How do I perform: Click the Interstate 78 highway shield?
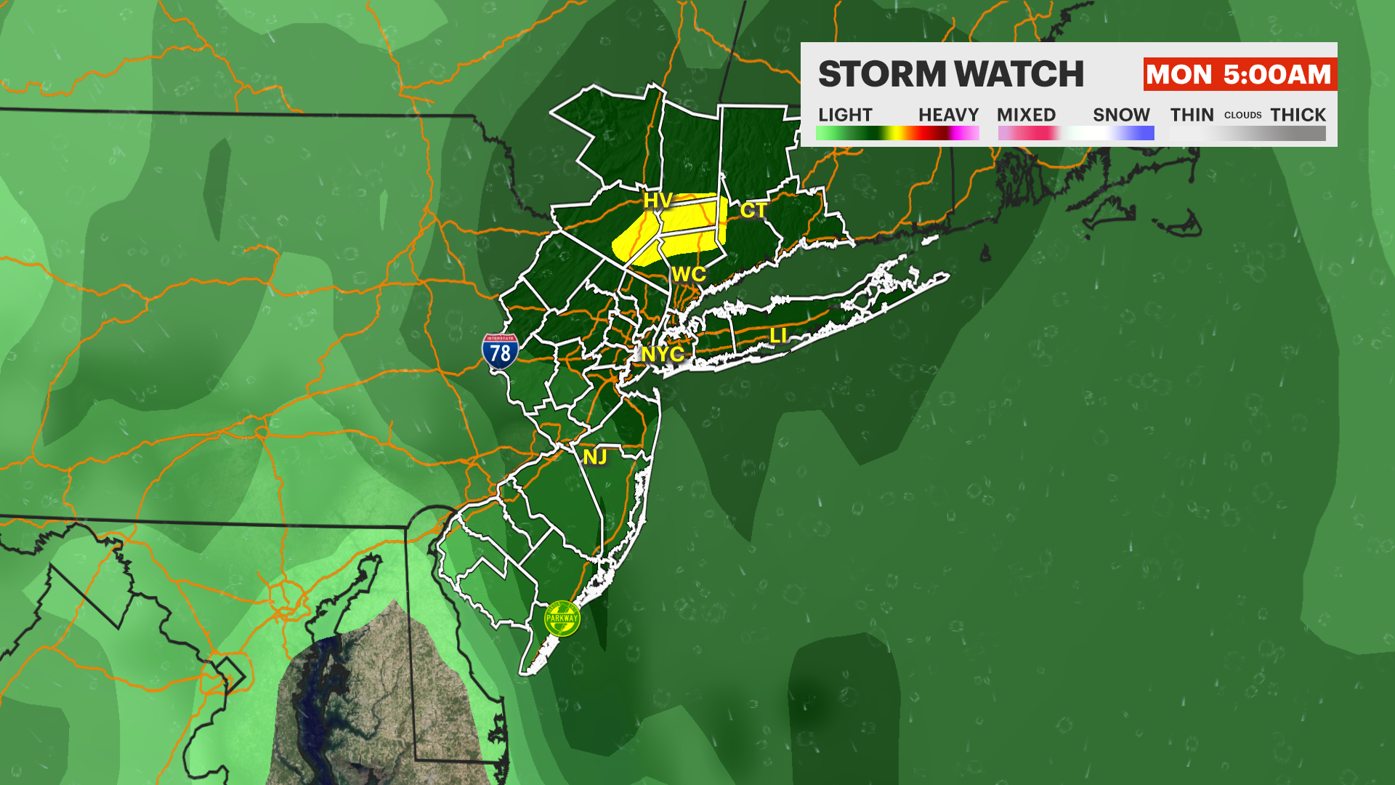coord(500,352)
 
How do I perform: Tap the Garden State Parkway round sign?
coord(562,619)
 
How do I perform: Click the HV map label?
coord(658,201)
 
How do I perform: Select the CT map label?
coord(753,211)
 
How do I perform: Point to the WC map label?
coord(689,275)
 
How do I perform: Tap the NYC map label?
coord(662,354)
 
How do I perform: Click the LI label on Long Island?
coord(778,336)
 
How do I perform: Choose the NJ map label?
coord(595,457)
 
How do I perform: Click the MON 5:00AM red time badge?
coord(1239,74)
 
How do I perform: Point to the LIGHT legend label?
coord(845,115)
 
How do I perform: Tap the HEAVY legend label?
coord(948,115)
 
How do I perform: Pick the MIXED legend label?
coord(1026,115)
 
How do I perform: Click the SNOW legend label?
coord(1121,115)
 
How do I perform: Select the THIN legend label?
coord(1192,115)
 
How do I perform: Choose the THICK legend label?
coord(1298,115)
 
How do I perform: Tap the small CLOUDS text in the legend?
coord(1242,115)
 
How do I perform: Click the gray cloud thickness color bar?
coord(1248,133)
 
